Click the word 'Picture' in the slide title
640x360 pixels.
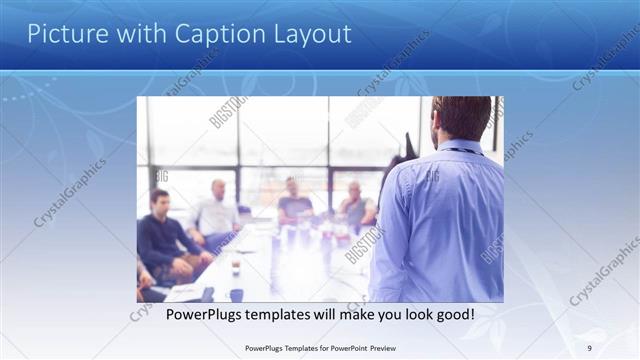62,34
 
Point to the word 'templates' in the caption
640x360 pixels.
274,314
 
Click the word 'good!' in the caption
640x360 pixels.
452,314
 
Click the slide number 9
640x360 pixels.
589,348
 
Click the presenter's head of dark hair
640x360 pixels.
462,115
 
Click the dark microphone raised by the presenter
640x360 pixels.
405,150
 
